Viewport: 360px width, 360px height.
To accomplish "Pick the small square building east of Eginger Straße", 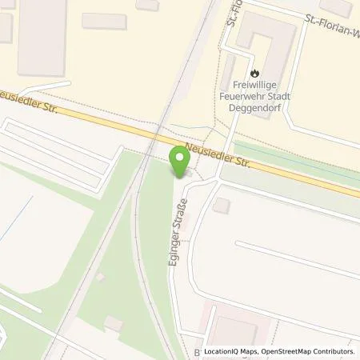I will [x=222, y=206].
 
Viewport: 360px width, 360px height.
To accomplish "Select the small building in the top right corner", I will [x=337, y=7].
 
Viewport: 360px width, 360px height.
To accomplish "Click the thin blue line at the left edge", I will [x=8, y=231].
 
